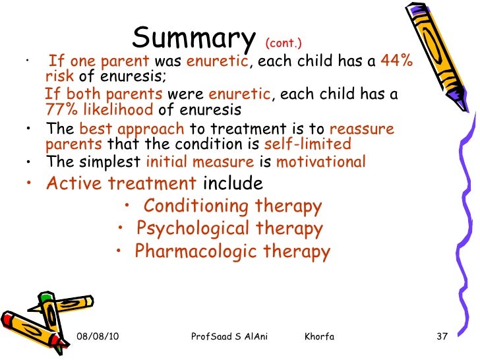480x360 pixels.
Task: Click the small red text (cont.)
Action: tap(283, 43)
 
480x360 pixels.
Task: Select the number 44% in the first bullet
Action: tap(398, 61)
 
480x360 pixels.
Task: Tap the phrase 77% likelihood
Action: tap(99, 110)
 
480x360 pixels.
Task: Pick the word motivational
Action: tap(319, 162)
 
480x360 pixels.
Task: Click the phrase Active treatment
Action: tap(121, 183)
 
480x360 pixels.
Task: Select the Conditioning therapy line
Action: tap(233, 206)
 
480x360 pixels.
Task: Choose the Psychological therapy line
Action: tap(229, 229)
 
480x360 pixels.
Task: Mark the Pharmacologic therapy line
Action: tap(232, 251)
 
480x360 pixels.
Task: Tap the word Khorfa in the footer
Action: tap(320, 338)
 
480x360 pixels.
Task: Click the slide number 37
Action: tap(442, 338)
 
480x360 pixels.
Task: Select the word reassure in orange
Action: tap(361, 129)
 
